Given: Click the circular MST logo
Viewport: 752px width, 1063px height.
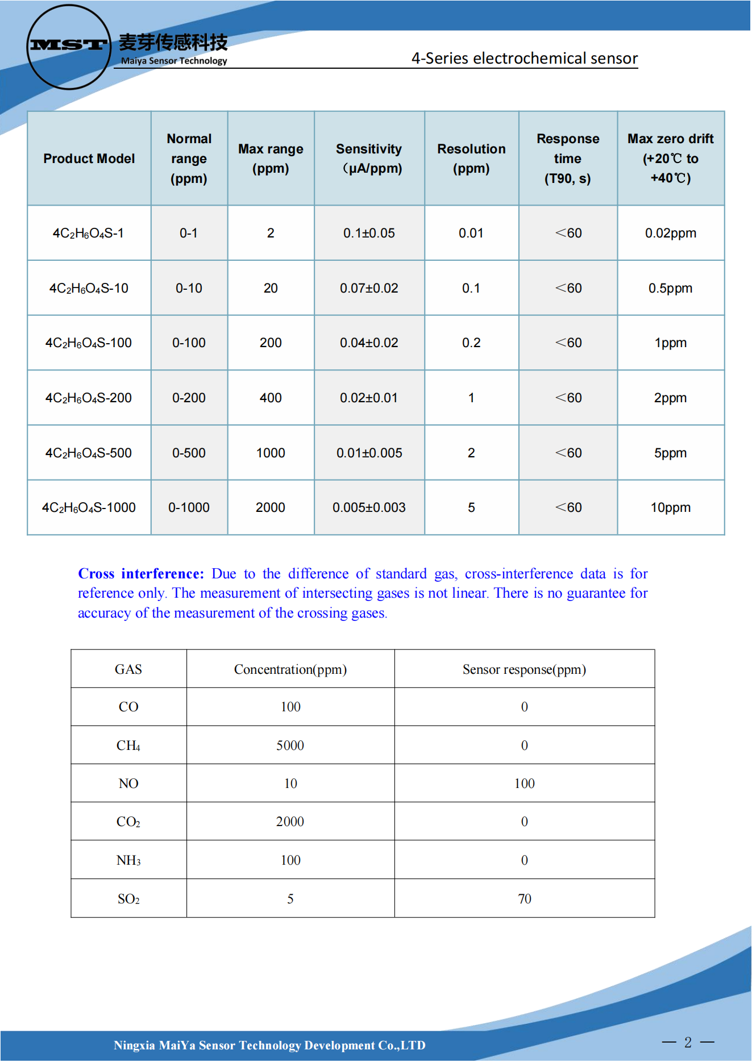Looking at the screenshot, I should (68, 47).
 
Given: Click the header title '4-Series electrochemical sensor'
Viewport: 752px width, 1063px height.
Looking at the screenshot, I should (524, 59).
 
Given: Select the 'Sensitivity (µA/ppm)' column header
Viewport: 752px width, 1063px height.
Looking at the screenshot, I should (369, 159).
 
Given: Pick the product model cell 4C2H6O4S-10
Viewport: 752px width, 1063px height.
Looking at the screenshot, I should (89, 289).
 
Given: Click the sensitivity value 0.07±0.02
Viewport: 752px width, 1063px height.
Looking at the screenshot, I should (369, 289).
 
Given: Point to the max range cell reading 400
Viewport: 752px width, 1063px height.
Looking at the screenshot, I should (271, 398).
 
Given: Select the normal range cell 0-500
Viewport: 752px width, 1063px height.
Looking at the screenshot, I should (189, 453).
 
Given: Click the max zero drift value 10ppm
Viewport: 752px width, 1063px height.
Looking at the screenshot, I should (670, 508).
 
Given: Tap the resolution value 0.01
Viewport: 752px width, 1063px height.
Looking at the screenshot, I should (471, 234).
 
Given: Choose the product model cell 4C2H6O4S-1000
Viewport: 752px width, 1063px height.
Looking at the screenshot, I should (89, 508).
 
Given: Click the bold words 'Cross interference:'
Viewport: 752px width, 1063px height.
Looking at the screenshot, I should (141, 574).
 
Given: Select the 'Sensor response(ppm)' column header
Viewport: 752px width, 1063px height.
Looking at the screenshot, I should (524, 669).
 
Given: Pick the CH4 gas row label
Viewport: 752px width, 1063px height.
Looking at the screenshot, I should (128, 745).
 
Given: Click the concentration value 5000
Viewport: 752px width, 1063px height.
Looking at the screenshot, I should (290, 745).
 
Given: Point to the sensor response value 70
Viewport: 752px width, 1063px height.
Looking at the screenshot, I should (524, 899).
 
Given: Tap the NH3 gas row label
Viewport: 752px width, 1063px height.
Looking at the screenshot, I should (128, 861).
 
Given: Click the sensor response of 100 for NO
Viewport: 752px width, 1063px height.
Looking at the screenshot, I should (524, 784).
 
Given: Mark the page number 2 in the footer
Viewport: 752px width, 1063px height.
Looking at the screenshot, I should (688, 1043).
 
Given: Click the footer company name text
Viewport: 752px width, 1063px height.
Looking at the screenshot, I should (269, 1045).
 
